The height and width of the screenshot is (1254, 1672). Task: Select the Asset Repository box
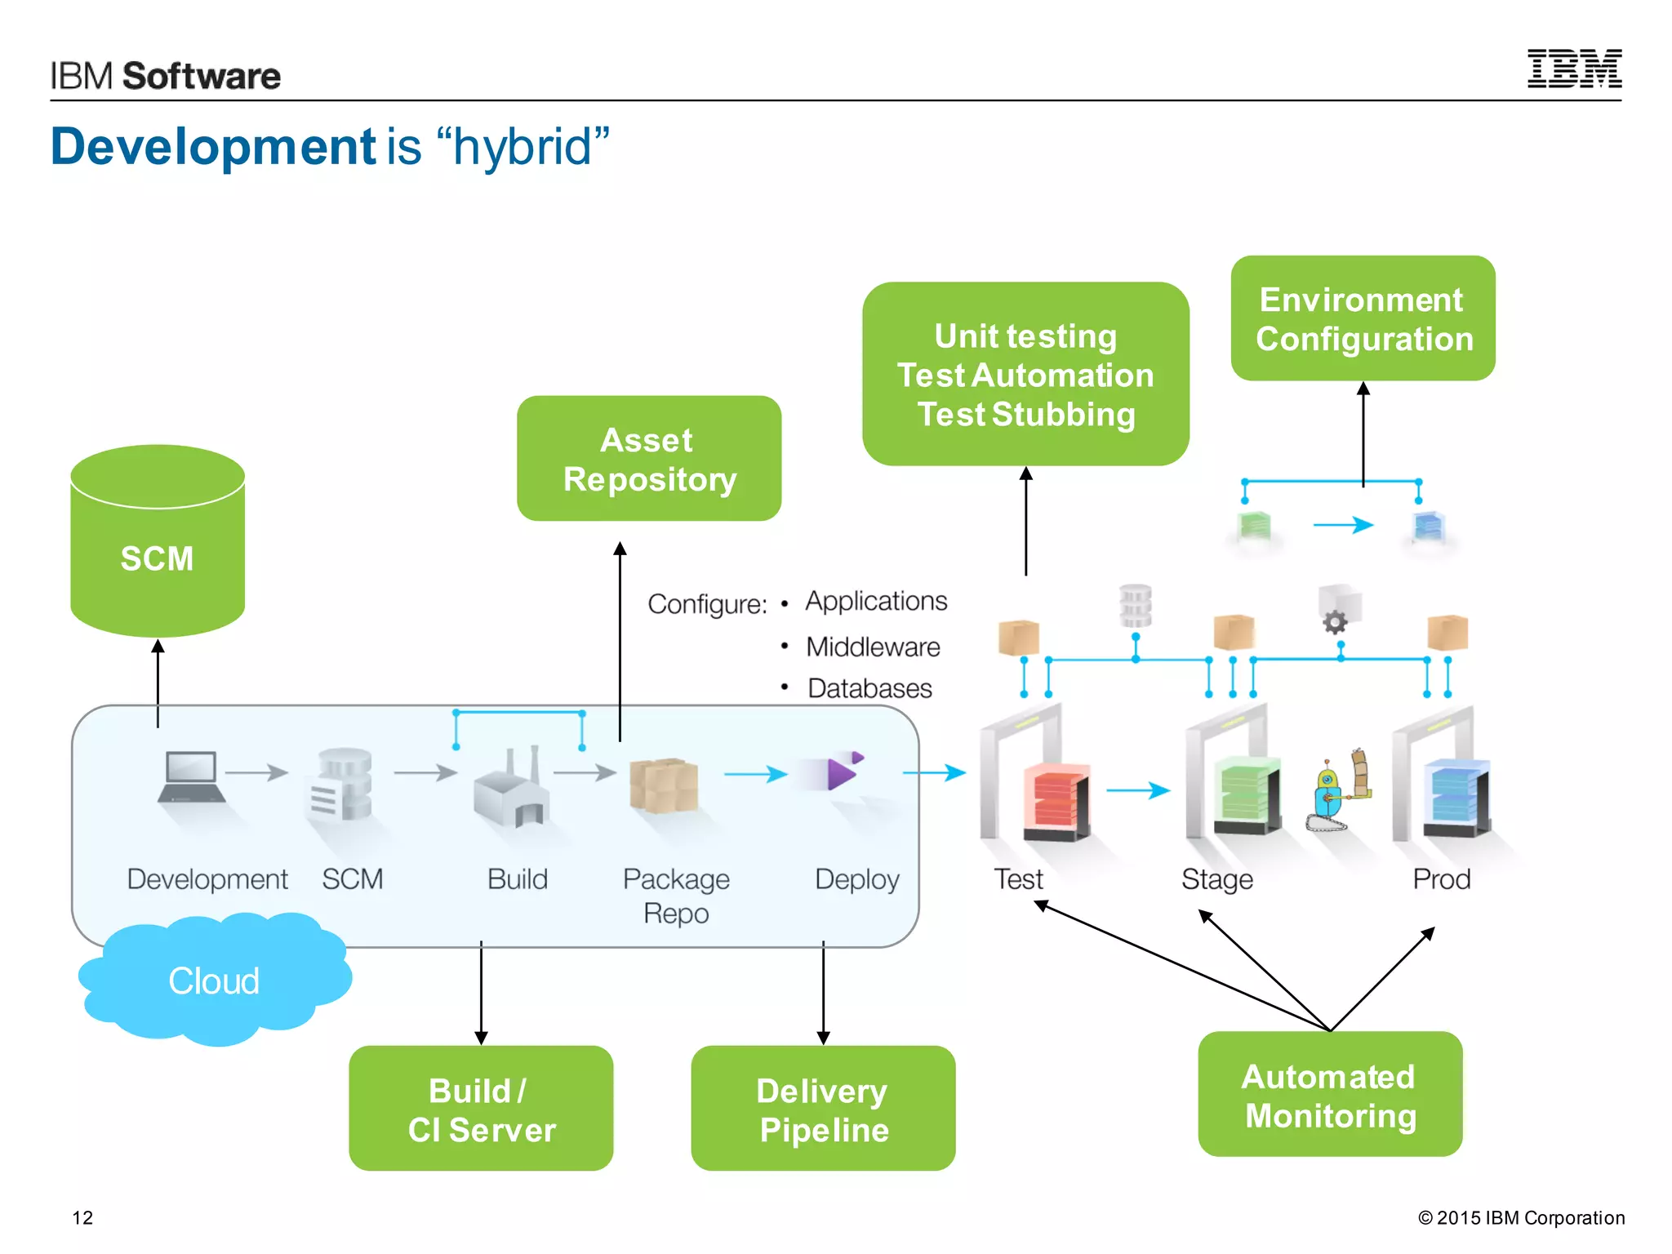pos(649,459)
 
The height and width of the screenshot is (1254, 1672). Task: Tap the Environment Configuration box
pos(1363,318)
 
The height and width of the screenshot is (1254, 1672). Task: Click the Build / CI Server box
pos(481,1109)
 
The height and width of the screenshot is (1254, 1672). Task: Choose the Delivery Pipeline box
pos(823,1109)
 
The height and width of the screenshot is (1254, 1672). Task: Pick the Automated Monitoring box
pos(1330,1095)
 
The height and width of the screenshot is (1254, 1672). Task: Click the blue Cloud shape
pos(214,980)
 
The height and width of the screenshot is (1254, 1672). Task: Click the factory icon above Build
pos(511,789)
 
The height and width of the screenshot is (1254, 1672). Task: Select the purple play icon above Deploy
pos(841,772)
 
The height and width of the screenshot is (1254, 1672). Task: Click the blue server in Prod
pos(1456,797)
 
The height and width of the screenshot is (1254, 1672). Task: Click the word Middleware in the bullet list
pos(873,647)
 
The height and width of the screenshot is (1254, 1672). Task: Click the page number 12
pos(82,1217)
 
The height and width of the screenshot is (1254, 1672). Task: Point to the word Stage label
pos(1216,879)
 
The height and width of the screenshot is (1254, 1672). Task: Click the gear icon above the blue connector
pos(1335,622)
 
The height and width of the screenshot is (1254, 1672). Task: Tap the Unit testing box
pos(1025,375)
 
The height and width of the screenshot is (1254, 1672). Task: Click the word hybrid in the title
pos(522,147)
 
